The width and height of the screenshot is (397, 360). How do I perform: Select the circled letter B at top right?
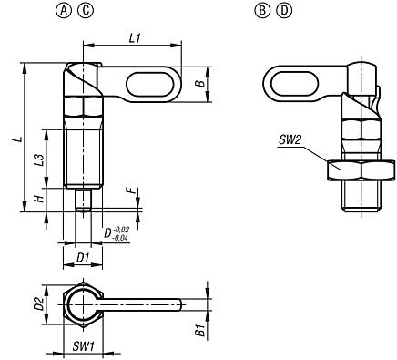coord(264,14)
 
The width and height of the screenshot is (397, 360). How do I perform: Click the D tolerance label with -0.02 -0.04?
coord(115,234)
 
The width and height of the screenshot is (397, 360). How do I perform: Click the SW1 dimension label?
coord(83,348)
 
